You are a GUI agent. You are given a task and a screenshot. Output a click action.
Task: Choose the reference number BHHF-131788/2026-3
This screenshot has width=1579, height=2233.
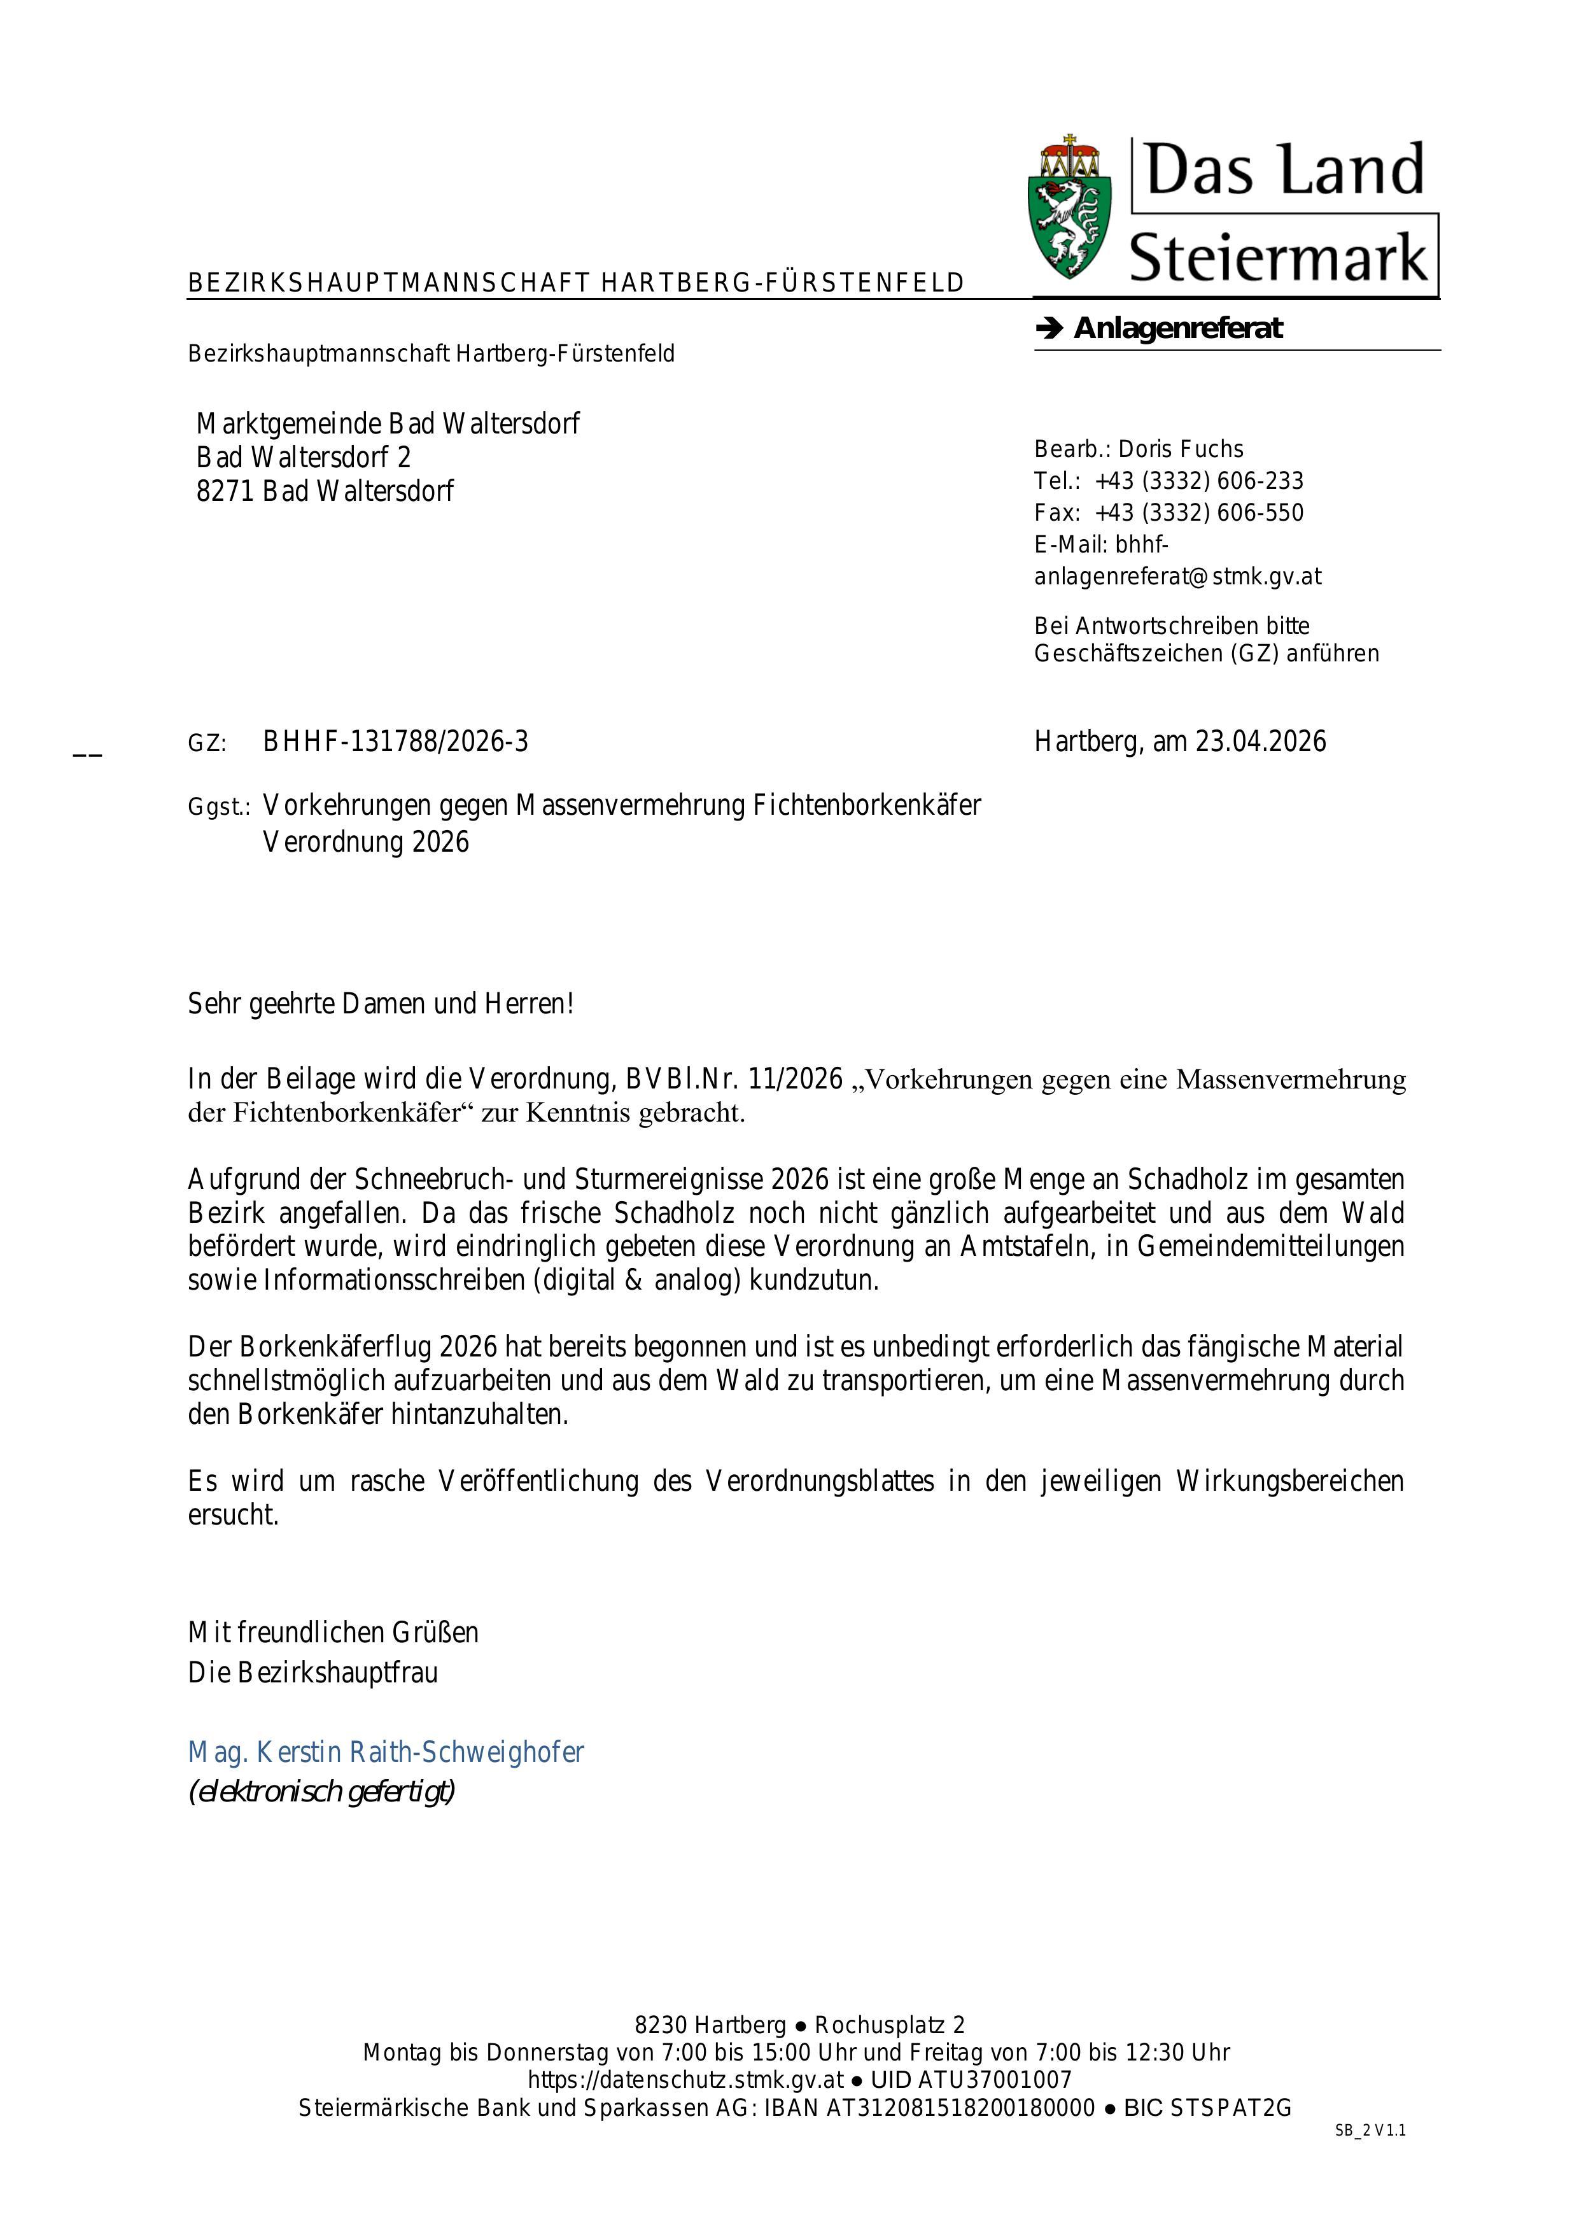(x=396, y=743)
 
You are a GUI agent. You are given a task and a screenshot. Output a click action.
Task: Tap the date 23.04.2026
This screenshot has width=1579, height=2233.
(x=1260, y=743)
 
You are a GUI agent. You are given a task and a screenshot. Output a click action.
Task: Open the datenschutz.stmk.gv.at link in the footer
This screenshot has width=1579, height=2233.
(x=685, y=2080)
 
